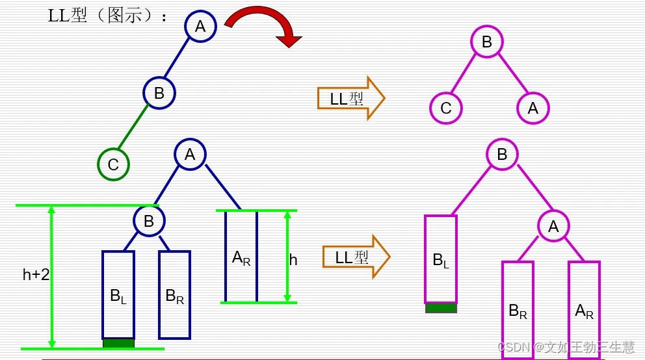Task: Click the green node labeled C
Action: (x=113, y=164)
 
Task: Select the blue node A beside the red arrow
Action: (x=200, y=27)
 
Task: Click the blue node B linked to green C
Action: (x=159, y=93)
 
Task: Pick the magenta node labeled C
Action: (x=445, y=108)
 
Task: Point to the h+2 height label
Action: (x=36, y=275)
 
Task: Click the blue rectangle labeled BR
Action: (x=175, y=294)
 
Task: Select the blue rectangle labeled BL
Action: (x=118, y=294)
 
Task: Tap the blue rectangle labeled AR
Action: (x=241, y=257)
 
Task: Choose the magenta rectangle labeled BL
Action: (x=441, y=259)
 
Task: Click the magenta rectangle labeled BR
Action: (x=518, y=309)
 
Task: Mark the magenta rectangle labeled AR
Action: (x=585, y=309)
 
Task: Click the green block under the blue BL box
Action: (x=118, y=343)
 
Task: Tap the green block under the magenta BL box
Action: (x=441, y=308)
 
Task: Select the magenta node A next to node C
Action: (x=533, y=108)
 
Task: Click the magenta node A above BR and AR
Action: (x=553, y=226)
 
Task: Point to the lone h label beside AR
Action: (x=293, y=260)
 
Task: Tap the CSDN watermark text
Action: (x=566, y=347)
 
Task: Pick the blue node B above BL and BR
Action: (x=149, y=221)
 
